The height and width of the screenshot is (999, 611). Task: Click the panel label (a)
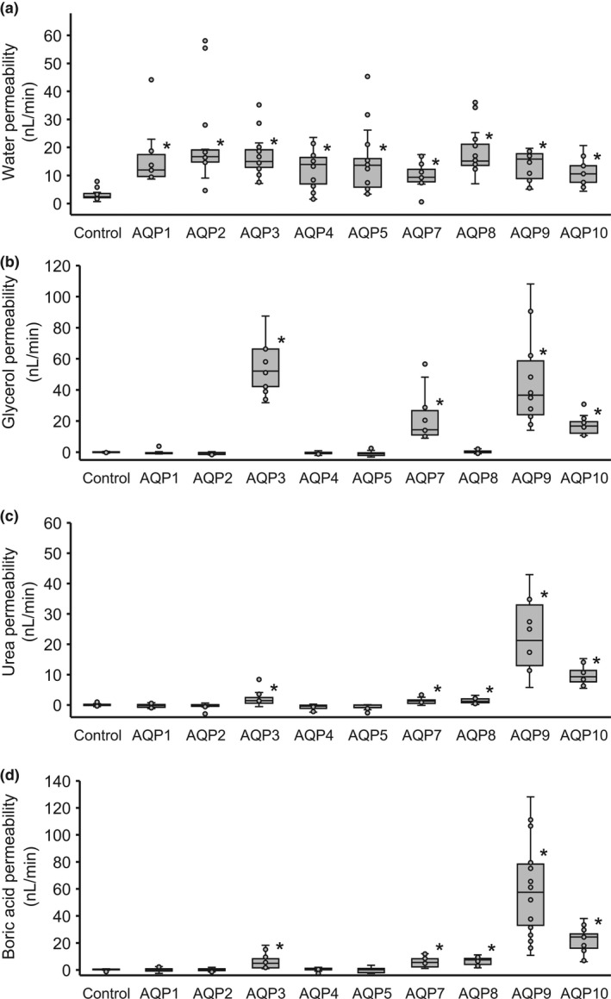[15, 11]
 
